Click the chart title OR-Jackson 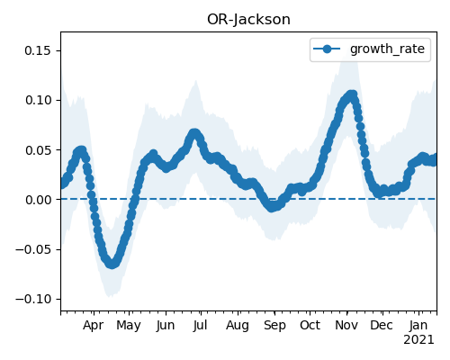tap(248, 20)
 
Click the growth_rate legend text tap(387, 49)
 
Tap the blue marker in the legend tap(327, 49)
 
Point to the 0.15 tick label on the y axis tap(38, 50)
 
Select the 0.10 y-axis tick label tap(38, 100)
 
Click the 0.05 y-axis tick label tap(38, 150)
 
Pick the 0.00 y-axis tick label tap(38, 200)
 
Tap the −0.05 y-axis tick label tap(33, 249)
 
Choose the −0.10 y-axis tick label tap(33, 299)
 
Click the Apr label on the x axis tap(94, 326)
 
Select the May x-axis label tap(129, 326)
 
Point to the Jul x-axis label tap(201, 325)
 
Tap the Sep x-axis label tap(274, 326)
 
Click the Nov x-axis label tap(346, 325)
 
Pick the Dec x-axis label tap(382, 325)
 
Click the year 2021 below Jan tap(418, 340)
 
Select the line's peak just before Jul tap(194, 133)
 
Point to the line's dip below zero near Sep tap(272, 207)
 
